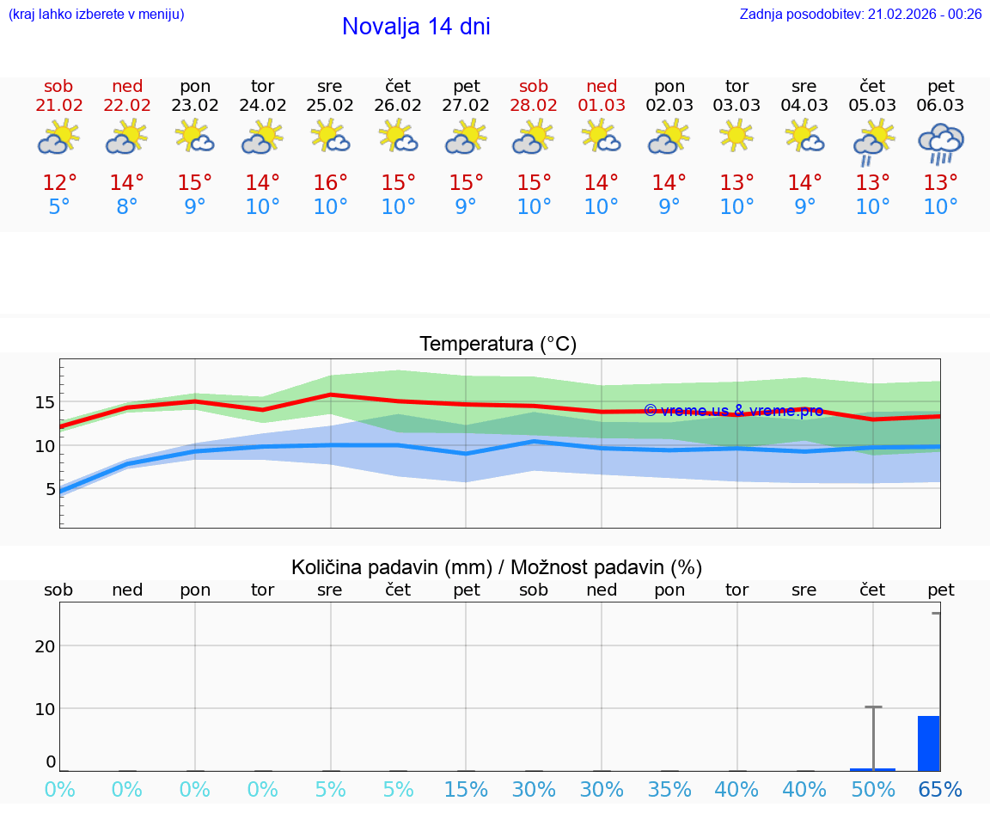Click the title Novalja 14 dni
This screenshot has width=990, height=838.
[x=416, y=27]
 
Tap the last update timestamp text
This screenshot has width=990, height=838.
[x=860, y=15]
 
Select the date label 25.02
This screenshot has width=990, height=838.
[x=329, y=105]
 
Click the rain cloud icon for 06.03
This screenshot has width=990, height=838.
[x=940, y=143]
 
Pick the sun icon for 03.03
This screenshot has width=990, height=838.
[x=736, y=136]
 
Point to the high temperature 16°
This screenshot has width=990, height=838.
[x=330, y=183]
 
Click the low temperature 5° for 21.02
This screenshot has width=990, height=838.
[x=59, y=207]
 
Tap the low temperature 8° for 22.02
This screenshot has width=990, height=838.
[x=127, y=207]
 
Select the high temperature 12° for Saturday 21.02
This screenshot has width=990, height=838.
[x=59, y=183]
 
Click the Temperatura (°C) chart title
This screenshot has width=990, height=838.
[x=498, y=345]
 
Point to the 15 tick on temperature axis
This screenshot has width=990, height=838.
[x=46, y=402]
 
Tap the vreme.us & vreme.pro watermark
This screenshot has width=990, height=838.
[x=733, y=411]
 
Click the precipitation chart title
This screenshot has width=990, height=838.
[x=497, y=567]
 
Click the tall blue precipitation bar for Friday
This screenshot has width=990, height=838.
[x=928, y=743]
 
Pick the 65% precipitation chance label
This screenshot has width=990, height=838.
[x=940, y=790]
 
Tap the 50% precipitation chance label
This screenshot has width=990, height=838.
[x=873, y=790]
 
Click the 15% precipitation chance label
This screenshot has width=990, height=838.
[x=466, y=790]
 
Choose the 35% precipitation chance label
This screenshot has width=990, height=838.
[x=669, y=790]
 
